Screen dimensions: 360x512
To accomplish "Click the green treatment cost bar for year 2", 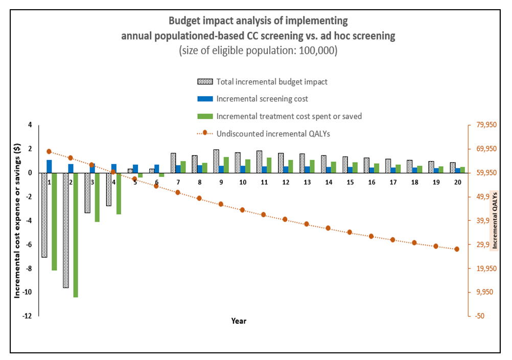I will (76, 235).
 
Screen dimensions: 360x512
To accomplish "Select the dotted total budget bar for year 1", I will (44, 215).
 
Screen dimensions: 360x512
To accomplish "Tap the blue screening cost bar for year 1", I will (50, 167).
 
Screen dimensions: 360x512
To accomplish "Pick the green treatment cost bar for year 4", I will (119, 193).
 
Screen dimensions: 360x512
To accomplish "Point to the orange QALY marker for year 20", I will (457, 249).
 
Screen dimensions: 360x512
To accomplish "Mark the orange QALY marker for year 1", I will (49, 151).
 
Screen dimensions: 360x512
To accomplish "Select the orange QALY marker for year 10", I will (242, 210).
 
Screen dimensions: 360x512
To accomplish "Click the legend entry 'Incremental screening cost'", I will (262, 99).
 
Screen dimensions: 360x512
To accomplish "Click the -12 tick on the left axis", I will (26, 316).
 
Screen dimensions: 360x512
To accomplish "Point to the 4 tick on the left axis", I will (30, 125).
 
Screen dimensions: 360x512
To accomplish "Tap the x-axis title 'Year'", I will (239, 321).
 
